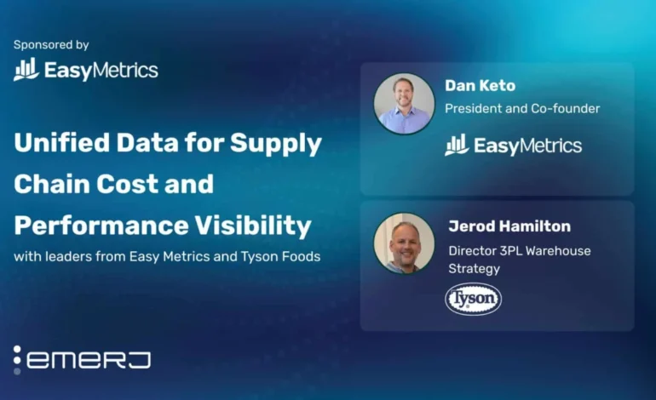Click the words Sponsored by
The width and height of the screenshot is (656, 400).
click(51, 45)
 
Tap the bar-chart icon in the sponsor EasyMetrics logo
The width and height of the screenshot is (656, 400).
click(26, 70)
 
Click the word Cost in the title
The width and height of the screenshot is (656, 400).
click(125, 184)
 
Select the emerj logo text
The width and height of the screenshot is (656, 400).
click(89, 360)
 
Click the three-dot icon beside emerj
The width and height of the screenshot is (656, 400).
click(17, 360)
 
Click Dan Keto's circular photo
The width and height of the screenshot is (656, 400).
click(404, 104)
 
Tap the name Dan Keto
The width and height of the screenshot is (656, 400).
click(480, 86)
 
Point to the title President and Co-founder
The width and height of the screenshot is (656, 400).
click(522, 108)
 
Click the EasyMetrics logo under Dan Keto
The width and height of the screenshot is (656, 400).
click(513, 145)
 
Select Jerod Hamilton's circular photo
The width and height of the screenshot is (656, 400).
click(404, 243)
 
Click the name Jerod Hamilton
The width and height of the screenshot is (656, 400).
click(509, 226)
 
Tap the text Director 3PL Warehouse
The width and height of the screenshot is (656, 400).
click(519, 250)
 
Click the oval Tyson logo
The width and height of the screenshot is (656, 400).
click(473, 299)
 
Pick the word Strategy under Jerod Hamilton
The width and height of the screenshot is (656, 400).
click(474, 269)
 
